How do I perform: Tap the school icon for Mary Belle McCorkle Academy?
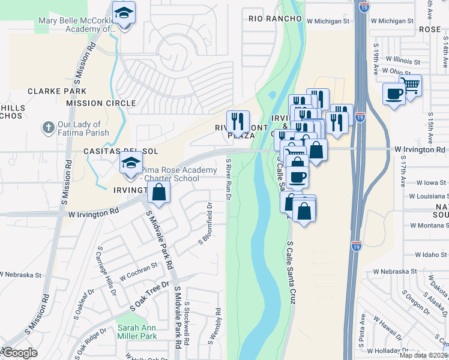point(124,13)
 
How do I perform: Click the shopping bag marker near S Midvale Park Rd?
point(159,193)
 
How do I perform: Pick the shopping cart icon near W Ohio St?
point(411,85)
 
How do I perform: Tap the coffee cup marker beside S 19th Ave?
point(394,94)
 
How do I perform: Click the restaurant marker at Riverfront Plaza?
point(238,122)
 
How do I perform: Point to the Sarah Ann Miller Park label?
point(137,332)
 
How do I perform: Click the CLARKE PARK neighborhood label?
point(57,92)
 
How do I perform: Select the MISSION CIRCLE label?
point(101,103)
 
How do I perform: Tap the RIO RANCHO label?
point(275,19)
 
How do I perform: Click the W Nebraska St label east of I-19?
point(393,272)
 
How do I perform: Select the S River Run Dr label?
point(229,180)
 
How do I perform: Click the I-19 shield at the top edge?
point(364,7)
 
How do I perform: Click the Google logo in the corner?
point(20,353)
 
